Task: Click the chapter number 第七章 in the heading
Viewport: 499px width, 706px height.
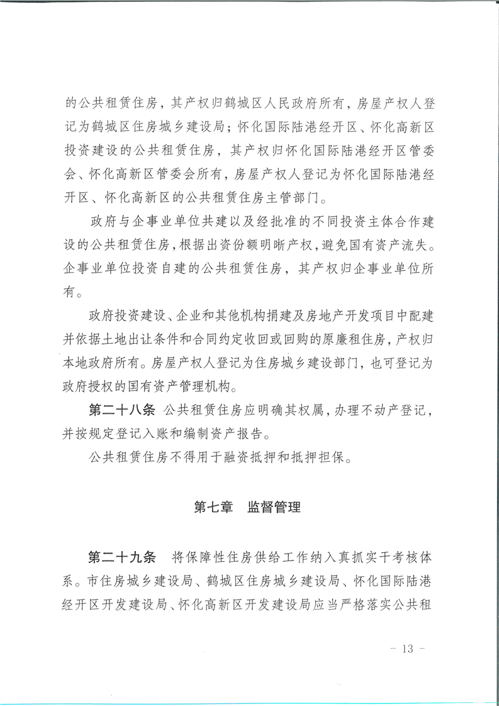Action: click(213, 507)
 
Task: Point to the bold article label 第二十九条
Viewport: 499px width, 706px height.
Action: click(121, 558)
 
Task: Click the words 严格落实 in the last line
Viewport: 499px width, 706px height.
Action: click(378, 606)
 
